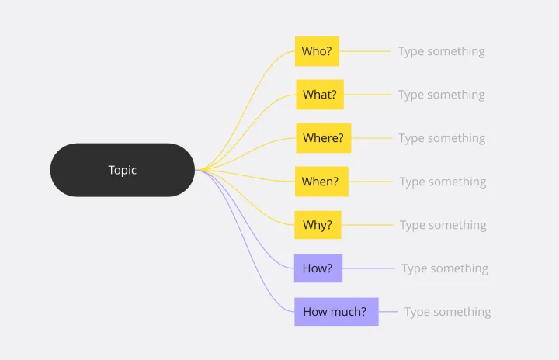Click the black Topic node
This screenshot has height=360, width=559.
tap(123, 170)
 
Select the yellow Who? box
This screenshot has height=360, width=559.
tap(317, 51)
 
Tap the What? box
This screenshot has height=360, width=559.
tap(320, 95)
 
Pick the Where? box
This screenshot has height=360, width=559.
tap(323, 138)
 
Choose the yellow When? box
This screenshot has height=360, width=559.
tap(321, 182)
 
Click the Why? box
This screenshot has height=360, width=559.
tap(318, 225)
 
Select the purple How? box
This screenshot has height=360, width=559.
tap(318, 268)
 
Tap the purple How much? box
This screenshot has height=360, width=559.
tap(336, 312)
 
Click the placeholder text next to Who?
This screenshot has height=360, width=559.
tap(441, 52)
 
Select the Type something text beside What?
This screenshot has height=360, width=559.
tap(441, 95)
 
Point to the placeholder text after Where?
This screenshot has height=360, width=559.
tap(442, 139)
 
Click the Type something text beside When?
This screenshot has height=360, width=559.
tap(443, 182)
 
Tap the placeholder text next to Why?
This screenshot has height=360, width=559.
tap(443, 226)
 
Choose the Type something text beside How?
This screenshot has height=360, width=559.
tap(445, 269)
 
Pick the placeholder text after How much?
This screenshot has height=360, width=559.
tap(447, 313)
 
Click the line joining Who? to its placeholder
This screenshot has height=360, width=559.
tap(366, 51)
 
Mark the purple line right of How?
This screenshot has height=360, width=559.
tap(369, 268)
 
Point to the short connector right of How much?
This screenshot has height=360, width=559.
tap(388, 312)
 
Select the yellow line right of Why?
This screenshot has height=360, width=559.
tap(367, 225)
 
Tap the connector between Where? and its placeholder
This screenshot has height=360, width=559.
tap(372, 138)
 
